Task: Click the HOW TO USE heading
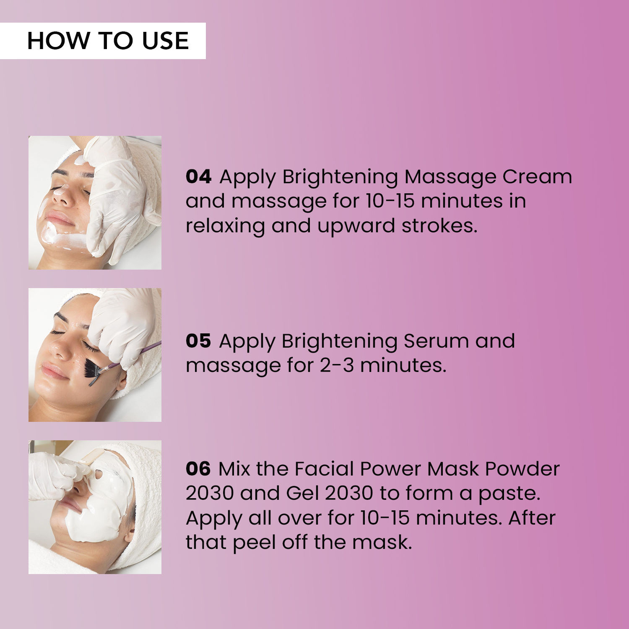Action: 108,41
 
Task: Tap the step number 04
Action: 199,177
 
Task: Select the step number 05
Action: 198,341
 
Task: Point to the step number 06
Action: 198,469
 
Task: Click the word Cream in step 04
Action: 537,177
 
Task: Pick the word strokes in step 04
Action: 439,226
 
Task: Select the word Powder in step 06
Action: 522,469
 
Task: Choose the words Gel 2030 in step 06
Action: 330,493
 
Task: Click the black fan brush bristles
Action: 93,371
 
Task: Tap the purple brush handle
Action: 131,356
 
